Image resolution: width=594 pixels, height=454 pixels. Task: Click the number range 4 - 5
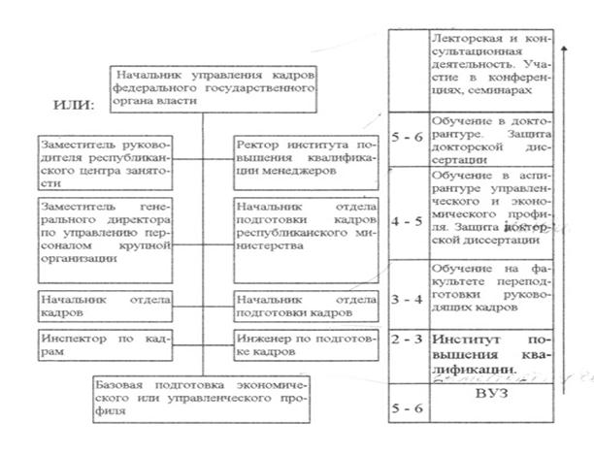point(408,220)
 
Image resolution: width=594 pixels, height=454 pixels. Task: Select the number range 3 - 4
point(408,298)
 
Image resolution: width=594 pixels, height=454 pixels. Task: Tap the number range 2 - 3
point(408,341)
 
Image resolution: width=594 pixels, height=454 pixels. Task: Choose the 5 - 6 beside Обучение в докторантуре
point(408,139)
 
